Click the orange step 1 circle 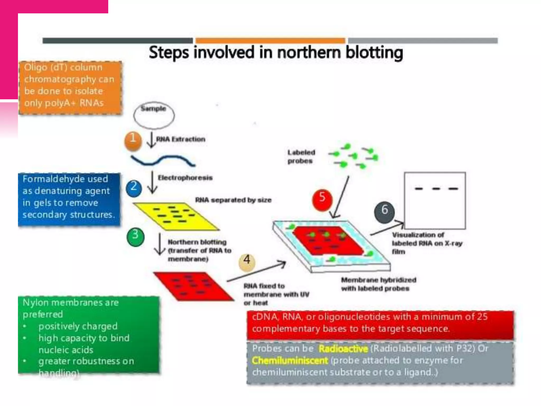tap(133, 141)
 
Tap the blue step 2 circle tap(134, 188)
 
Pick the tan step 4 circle tap(247, 262)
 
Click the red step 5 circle tap(322, 199)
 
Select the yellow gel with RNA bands tap(175, 216)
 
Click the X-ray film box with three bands tap(435, 200)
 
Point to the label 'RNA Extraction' tap(180, 139)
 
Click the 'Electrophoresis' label tap(185, 178)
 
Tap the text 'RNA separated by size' tap(233, 200)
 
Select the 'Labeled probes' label tap(301, 156)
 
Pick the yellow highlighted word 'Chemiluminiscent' tap(290, 361)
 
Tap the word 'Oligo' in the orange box tap(35, 67)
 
